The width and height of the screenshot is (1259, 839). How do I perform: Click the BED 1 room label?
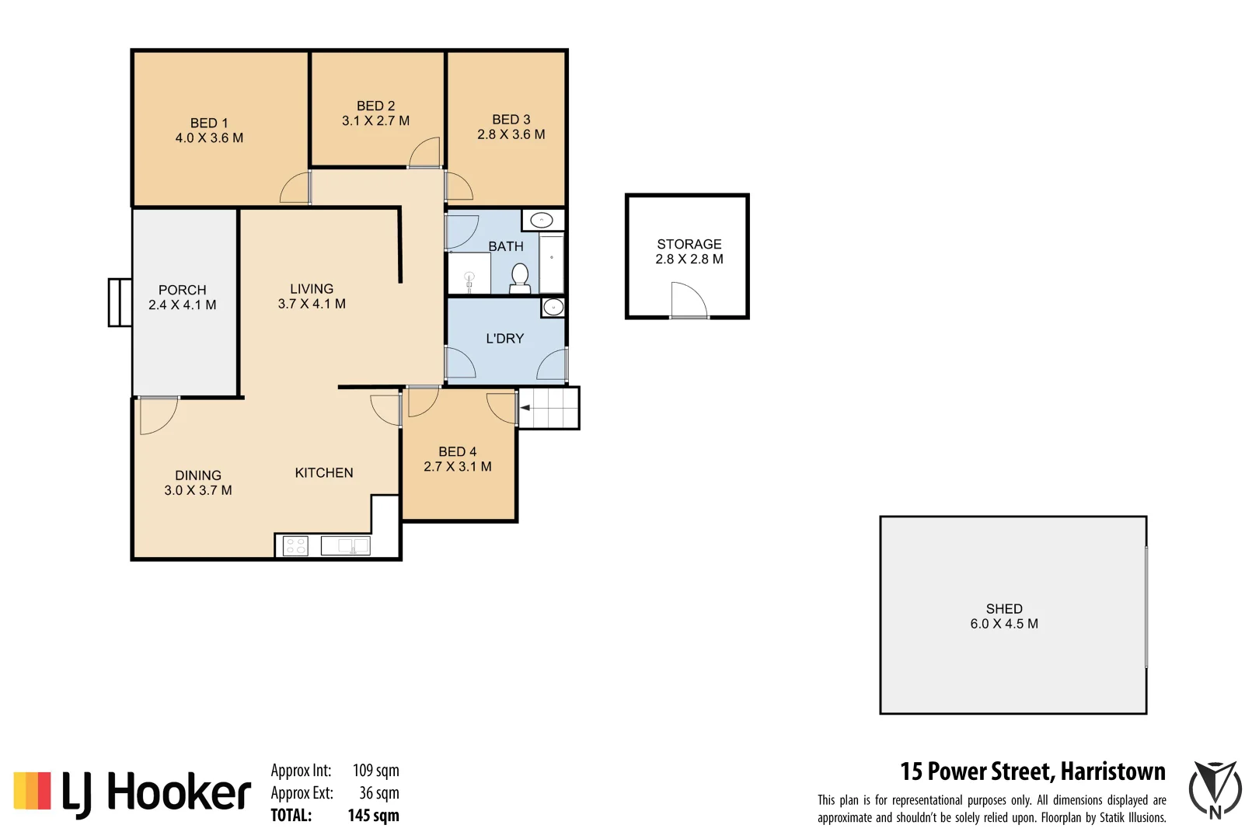pyautogui.click(x=209, y=123)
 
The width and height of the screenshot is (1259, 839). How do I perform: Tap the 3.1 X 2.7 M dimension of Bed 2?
pyautogui.click(x=375, y=121)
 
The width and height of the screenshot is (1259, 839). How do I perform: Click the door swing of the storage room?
pyautogui.click(x=688, y=300)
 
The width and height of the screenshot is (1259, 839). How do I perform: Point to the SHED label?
pyautogui.click(x=1003, y=609)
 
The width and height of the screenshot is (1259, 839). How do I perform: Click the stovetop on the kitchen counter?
pyautogui.click(x=295, y=545)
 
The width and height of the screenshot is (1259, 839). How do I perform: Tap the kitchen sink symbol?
pyautogui.click(x=347, y=545)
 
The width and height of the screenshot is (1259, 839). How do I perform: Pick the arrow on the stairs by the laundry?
pyautogui.click(x=525, y=408)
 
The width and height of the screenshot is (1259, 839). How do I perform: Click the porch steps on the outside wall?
pyautogui.click(x=120, y=302)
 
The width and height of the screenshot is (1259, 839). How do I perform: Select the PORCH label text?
pyautogui.click(x=183, y=290)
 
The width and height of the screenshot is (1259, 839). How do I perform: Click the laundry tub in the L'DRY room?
pyautogui.click(x=553, y=308)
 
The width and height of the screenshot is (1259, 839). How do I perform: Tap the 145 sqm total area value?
pyautogui.click(x=373, y=816)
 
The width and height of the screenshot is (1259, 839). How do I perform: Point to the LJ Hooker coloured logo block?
pyautogui.click(x=32, y=791)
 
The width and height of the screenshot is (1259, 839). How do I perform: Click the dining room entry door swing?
pyautogui.click(x=157, y=416)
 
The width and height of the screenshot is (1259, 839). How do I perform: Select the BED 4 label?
pyautogui.click(x=457, y=452)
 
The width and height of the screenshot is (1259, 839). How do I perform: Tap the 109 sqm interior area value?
pyautogui.click(x=375, y=771)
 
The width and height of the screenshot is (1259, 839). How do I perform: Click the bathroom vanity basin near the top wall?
pyautogui.click(x=542, y=221)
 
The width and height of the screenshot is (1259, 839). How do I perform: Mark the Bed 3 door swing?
pyautogui.click(x=459, y=186)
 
